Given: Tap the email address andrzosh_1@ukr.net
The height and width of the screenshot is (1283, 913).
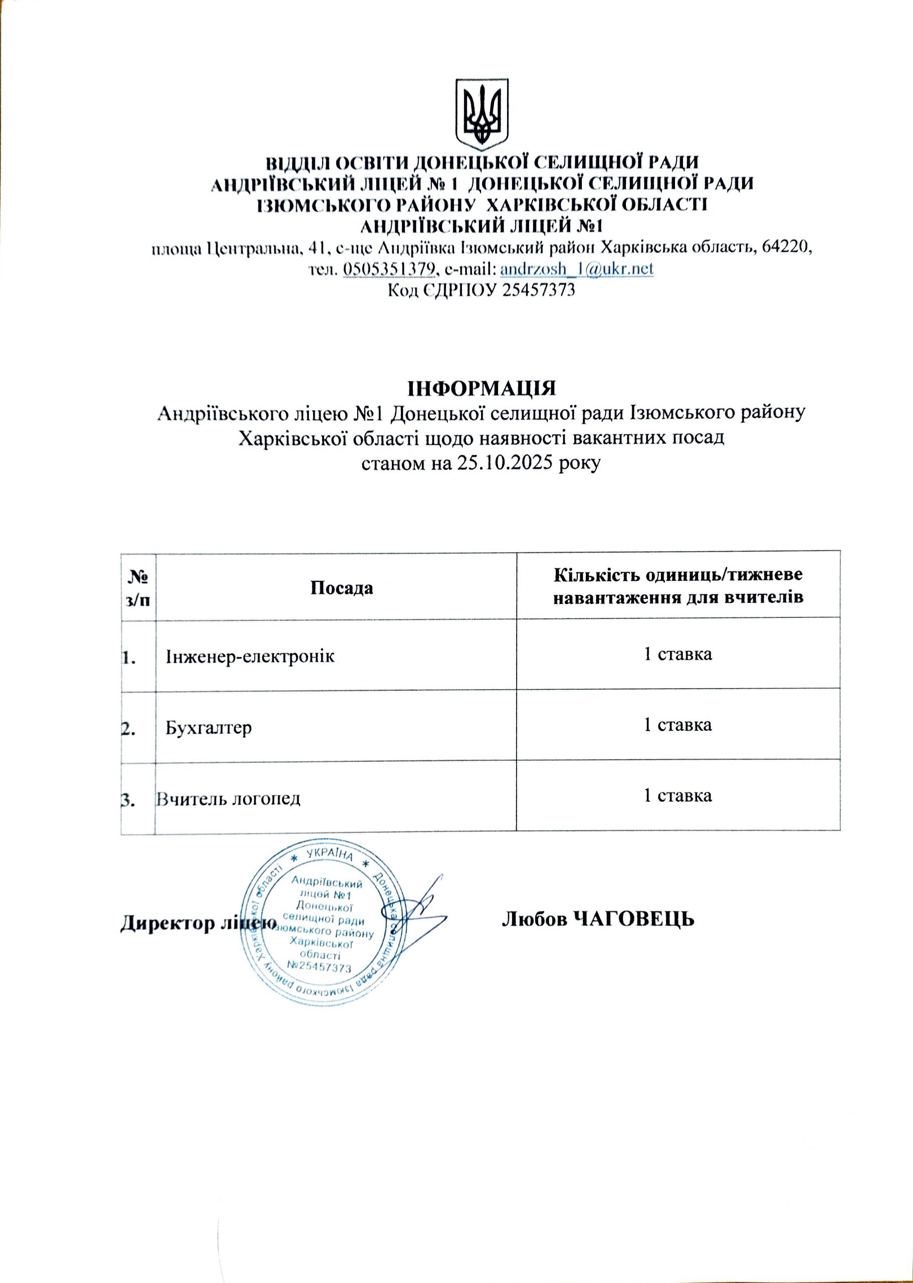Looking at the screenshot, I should coord(576,269).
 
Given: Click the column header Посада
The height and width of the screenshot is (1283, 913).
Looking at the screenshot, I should coord(342,588).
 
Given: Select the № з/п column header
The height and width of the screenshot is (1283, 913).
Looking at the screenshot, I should coord(138,588).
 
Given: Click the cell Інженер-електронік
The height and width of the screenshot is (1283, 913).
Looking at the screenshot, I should coord(250,656).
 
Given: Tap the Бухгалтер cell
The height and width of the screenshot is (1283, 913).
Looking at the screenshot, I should coord(208,728).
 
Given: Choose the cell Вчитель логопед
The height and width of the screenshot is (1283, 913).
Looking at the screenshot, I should coord(229,798).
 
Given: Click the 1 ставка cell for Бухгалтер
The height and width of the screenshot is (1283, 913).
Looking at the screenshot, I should coord(677,725).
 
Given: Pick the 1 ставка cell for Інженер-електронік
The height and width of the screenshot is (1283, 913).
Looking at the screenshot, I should coord(677,654).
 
